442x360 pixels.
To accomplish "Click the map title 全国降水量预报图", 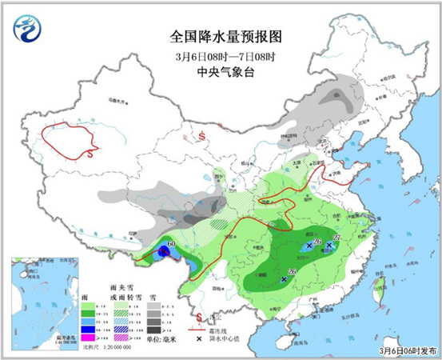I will pyautogui.click(x=226, y=37).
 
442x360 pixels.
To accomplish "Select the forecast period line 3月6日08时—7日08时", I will pyautogui.click(x=226, y=57).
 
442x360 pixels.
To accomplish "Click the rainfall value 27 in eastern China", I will pyautogui.click(x=336, y=238).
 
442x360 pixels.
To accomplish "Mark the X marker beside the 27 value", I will pyautogui.click(x=329, y=246).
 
